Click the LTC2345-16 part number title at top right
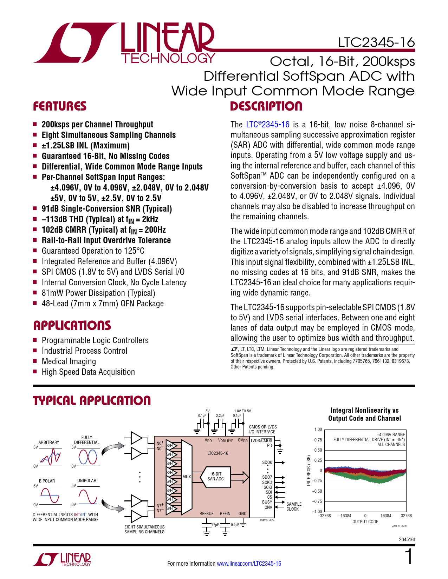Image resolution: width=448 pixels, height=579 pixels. (376, 42)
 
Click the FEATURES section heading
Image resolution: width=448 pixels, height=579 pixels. (60, 106)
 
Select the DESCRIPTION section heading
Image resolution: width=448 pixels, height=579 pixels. (266, 106)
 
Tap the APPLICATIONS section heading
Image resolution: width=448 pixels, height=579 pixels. (72, 326)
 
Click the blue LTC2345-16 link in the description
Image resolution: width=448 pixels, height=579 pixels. (268, 125)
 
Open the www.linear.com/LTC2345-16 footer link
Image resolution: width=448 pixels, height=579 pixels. (249, 564)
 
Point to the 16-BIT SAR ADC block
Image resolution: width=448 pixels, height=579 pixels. (215, 477)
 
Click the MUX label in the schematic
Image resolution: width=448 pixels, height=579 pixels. (187, 477)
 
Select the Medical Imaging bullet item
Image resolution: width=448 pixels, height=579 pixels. (69, 361)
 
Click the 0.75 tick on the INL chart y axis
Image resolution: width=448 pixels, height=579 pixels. (318, 440)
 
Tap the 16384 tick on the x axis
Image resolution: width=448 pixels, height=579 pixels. (386, 516)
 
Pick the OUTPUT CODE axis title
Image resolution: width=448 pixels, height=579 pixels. (365, 522)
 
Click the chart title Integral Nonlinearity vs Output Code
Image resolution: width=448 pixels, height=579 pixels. (364, 414)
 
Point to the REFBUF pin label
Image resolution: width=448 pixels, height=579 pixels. (206, 514)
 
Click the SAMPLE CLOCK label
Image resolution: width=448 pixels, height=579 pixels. (294, 507)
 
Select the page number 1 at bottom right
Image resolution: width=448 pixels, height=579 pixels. (409, 557)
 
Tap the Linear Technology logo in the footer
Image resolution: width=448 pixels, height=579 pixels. (62, 559)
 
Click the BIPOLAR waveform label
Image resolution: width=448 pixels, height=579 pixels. (47, 481)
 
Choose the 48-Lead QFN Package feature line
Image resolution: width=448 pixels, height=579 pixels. (103, 304)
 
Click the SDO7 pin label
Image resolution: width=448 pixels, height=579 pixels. (267, 477)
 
